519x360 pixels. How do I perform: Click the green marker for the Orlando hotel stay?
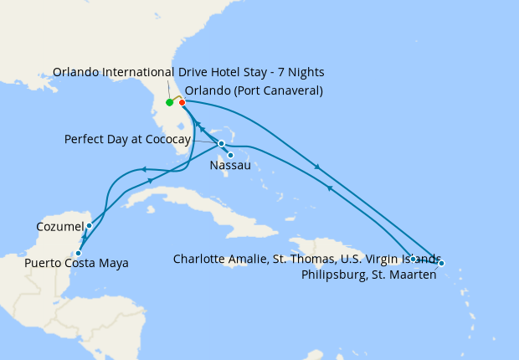pos(169,103)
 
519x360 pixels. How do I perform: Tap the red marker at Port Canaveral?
pos(182,103)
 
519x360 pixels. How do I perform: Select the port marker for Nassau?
pos(230,155)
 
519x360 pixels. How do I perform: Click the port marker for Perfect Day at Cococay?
pos(221,143)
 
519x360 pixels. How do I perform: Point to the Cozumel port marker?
pos(89,226)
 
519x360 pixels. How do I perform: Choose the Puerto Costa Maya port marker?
pos(78,253)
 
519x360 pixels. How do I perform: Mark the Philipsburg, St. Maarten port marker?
pos(441,263)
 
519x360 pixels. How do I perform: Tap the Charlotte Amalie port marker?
pos(414,258)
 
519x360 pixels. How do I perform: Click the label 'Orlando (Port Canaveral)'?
pos(254,90)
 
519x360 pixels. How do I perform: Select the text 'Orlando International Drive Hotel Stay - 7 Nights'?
pos(188,72)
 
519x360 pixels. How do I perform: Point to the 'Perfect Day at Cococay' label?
pos(127,139)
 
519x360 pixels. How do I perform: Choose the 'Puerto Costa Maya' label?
pos(76,264)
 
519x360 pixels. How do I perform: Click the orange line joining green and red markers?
pos(176,98)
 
